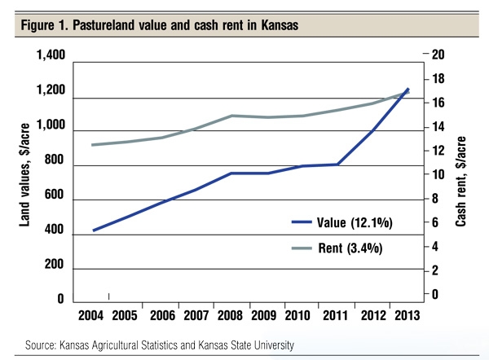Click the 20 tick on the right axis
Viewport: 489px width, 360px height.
pos(438,55)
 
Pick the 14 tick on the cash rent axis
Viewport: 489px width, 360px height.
pos(438,127)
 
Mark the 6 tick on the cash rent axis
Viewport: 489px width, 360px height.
pos(434,222)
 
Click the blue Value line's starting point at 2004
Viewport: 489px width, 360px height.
pos(94,230)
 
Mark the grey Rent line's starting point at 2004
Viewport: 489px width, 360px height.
pos(93,145)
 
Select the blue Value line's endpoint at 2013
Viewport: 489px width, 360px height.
pos(407,89)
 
